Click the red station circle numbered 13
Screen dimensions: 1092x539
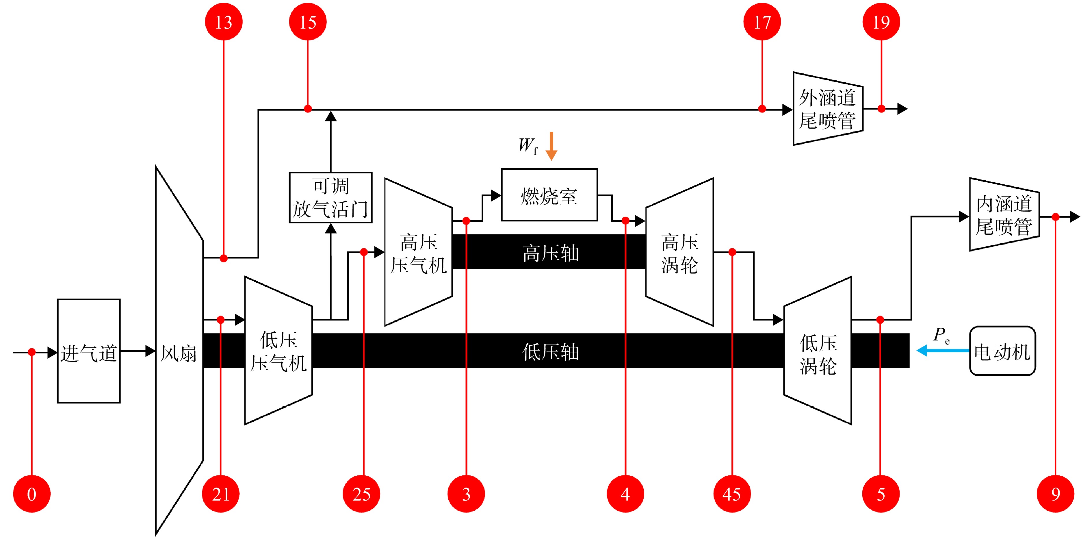pyautogui.click(x=223, y=22)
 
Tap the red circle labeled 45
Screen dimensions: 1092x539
pyautogui.click(x=732, y=494)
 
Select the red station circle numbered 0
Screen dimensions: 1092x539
pyautogui.click(x=32, y=494)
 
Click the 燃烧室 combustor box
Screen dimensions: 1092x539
pyautogui.click(x=549, y=195)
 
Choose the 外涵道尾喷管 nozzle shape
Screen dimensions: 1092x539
pyautogui.click(x=828, y=109)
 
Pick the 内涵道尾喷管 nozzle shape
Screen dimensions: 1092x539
pyautogui.click(x=1004, y=214)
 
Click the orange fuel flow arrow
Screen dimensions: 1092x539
pyautogui.click(x=551, y=146)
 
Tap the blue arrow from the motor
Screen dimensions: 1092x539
pyautogui.click(x=943, y=351)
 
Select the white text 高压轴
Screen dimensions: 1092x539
pyautogui.click(x=550, y=253)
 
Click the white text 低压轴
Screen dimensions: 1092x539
pyautogui.click(x=550, y=351)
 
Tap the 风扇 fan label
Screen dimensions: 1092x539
pyautogui.click(x=179, y=353)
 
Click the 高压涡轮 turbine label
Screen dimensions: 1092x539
pyautogui.click(x=679, y=253)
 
